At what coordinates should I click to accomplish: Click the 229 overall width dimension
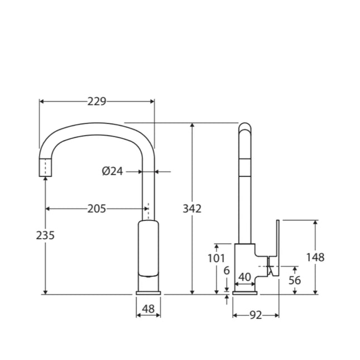(97, 101)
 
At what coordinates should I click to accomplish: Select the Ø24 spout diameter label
(112, 171)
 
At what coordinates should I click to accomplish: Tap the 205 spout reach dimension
(97, 209)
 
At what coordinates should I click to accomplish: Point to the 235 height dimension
(45, 235)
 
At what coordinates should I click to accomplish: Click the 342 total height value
(192, 209)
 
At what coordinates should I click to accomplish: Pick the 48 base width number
(148, 309)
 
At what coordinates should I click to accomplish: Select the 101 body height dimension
(215, 258)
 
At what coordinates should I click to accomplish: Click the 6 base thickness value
(226, 270)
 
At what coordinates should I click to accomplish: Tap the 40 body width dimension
(244, 277)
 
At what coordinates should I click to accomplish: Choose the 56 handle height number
(295, 280)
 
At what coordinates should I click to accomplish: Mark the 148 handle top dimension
(315, 257)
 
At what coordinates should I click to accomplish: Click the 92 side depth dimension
(255, 315)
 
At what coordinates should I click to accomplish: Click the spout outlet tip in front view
(45, 167)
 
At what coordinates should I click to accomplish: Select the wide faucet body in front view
(148, 248)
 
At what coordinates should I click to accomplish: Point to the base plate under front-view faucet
(148, 292)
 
